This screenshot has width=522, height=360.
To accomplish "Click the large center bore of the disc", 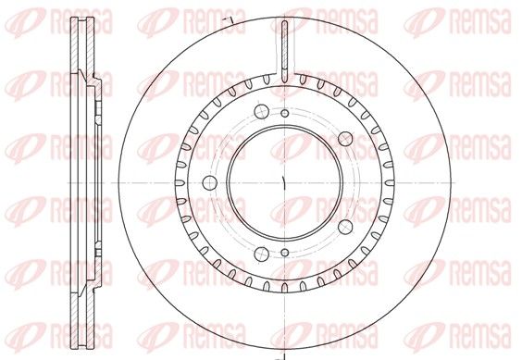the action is pos(285,182).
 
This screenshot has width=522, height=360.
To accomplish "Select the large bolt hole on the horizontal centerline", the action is pos(210,182).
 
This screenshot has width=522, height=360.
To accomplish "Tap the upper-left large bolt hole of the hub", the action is pos(261,111).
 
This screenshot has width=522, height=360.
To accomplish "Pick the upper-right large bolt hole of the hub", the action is pos(345,139).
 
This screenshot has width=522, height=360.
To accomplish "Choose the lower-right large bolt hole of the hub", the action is pos(345,227).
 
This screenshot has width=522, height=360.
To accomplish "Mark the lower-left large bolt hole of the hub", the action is pos(261,254).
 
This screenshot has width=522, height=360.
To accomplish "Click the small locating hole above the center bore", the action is pos(285,113).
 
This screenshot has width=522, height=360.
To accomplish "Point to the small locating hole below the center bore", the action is pos(285,253).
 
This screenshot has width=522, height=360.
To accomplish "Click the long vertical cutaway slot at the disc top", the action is pos(285,51).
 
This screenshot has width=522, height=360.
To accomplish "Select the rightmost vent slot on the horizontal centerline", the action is pos(389,183).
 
